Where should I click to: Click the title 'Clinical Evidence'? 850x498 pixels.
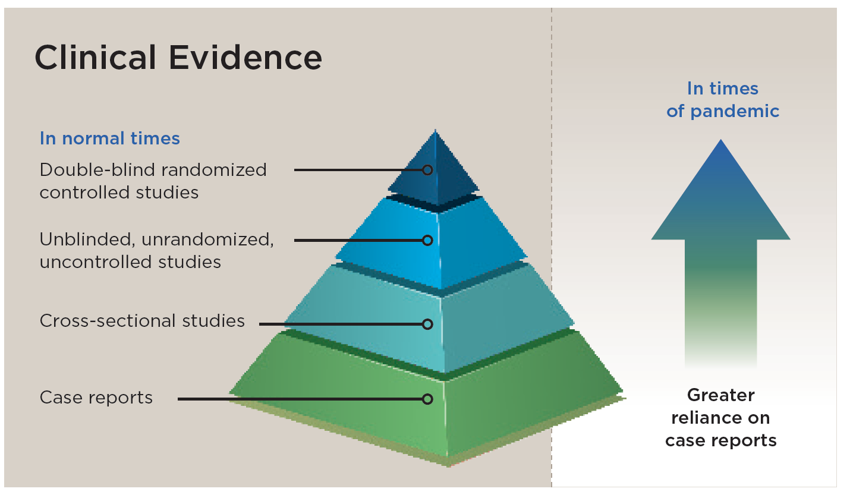pos(178,58)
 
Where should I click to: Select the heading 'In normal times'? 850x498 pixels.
pos(109,138)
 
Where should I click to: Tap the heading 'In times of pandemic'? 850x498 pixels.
pos(722,100)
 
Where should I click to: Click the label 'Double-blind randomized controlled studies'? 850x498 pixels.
pos(153,181)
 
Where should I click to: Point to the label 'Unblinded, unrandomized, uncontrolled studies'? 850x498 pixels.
pos(156,250)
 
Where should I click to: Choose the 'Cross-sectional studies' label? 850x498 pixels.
pos(142,321)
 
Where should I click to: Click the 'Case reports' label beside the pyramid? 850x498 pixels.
pos(96,398)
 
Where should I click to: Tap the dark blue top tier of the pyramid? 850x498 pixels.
pos(452,169)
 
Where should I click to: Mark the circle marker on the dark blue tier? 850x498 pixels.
pos(427,170)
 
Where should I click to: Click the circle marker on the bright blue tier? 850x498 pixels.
pos(427,240)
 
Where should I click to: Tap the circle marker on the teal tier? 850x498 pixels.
pos(427,324)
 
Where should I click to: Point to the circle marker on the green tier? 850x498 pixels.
pos(427,399)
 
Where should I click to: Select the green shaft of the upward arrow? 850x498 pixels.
pos(720,297)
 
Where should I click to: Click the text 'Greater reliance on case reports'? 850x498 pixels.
pos(720,418)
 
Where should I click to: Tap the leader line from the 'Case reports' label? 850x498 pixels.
pos(297,399)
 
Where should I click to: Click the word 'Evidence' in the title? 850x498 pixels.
pos(245,58)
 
